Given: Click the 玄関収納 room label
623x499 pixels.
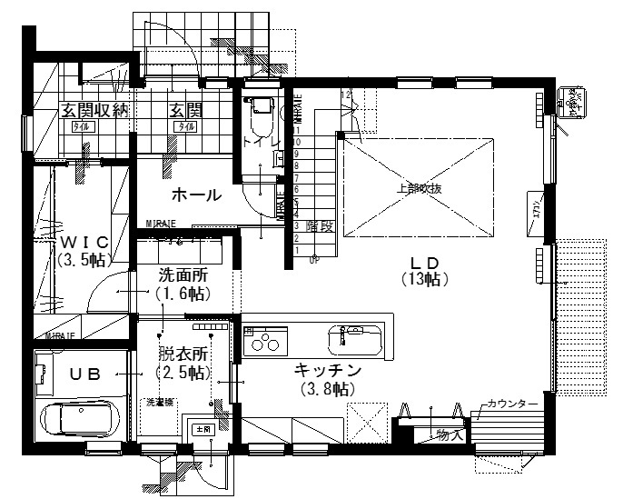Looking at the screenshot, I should pos(94,111).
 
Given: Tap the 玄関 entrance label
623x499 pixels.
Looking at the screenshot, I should pos(186,111).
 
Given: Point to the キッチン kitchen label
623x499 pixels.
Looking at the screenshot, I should pos(328,370).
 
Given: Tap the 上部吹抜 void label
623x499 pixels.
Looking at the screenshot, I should pos(420,189).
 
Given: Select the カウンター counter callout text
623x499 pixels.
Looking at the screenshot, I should pos(513,404).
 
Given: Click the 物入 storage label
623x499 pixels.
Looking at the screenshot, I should pos(450,434).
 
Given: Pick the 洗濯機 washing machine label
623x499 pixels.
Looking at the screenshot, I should pos(160,401).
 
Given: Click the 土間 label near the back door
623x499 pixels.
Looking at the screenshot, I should pos(200,427).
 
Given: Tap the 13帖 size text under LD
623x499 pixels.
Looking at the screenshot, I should pos(425,280).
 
